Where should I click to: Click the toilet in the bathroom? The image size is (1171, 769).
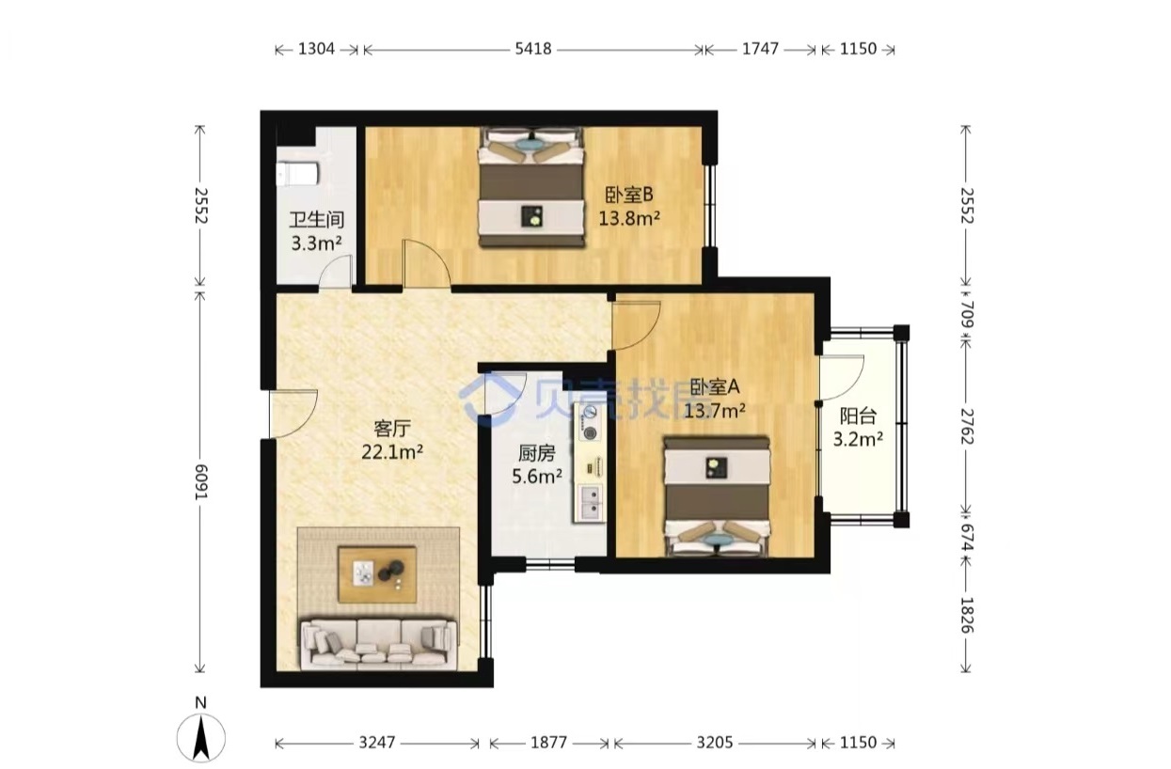click(x=297, y=174)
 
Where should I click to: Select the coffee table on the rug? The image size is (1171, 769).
click(x=377, y=574)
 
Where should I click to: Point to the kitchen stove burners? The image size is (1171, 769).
click(x=591, y=422)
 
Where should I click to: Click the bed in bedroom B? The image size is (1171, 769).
click(x=531, y=186)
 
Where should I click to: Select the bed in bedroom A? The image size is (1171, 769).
click(x=718, y=496)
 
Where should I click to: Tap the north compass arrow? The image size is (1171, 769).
click(x=200, y=737)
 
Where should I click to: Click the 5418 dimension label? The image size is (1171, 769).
click(x=533, y=49)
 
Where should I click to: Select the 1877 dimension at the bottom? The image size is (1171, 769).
click(x=549, y=743)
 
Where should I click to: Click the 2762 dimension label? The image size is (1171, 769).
click(x=967, y=426)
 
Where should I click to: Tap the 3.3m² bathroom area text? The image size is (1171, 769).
click(x=317, y=243)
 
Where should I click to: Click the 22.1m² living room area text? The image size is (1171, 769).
click(x=392, y=451)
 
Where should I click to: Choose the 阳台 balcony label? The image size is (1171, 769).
click(x=858, y=416)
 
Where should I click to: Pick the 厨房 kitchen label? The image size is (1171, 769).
click(x=536, y=453)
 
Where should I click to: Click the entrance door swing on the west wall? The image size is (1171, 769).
click(x=293, y=414)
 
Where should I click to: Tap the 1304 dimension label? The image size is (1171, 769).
click(x=316, y=49)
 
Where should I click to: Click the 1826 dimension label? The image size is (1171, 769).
click(x=967, y=616)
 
